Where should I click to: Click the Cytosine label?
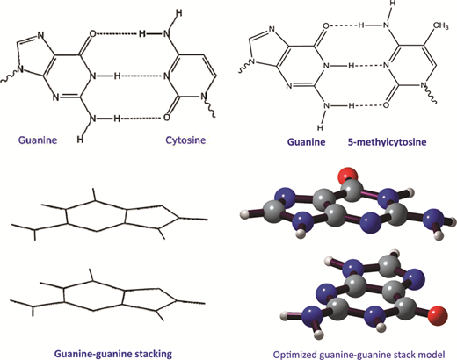pyautogui.click(x=185, y=140)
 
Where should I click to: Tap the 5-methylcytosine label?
pyautogui.click(x=387, y=142)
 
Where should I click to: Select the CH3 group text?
pyautogui.click(x=440, y=25)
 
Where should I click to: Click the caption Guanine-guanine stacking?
pyautogui.click(x=113, y=354)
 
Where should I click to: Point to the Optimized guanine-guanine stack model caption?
pyautogui.click(x=359, y=355)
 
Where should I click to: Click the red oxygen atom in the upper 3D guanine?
pyautogui.click(x=349, y=174)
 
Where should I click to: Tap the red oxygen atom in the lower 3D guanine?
pyautogui.click(x=438, y=316)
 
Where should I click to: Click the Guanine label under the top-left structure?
pyautogui.click(x=38, y=140)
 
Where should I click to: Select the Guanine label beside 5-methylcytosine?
pyautogui.click(x=306, y=142)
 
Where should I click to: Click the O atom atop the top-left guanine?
pyautogui.click(x=92, y=34)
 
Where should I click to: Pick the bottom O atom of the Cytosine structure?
pyautogui.click(x=166, y=118)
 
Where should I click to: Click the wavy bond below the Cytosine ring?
pyautogui.click(x=210, y=108)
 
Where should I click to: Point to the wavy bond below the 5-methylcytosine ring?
pyautogui.click(x=431, y=95)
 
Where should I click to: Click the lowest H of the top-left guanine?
pyautogui.click(x=80, y=140)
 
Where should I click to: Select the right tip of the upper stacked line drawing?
pyautogui.click(x=207, y=220)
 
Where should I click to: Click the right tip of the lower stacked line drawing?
pyautogui.click(x=205, y=303)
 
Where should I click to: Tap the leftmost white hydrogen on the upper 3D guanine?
pyautogui.click(x=244, y=214)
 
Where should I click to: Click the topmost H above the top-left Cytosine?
pyautogui.click(x=179, y=13)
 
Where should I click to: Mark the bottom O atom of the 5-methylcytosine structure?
pyautogui.click(x=386, y=105)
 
